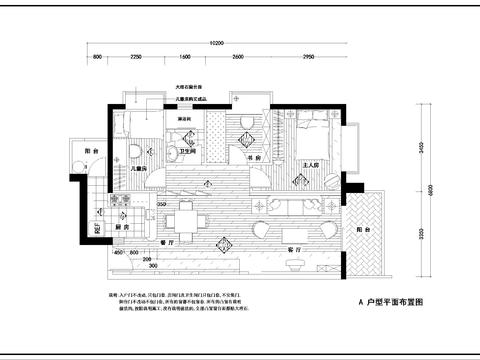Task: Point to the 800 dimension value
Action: tap(98, 58)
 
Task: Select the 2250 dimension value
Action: tap(135, 58)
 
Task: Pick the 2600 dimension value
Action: tap(236, 58)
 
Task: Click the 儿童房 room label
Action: tap(139, 170)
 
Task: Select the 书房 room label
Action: tap(252, 157)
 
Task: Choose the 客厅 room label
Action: tap(294, 248)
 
